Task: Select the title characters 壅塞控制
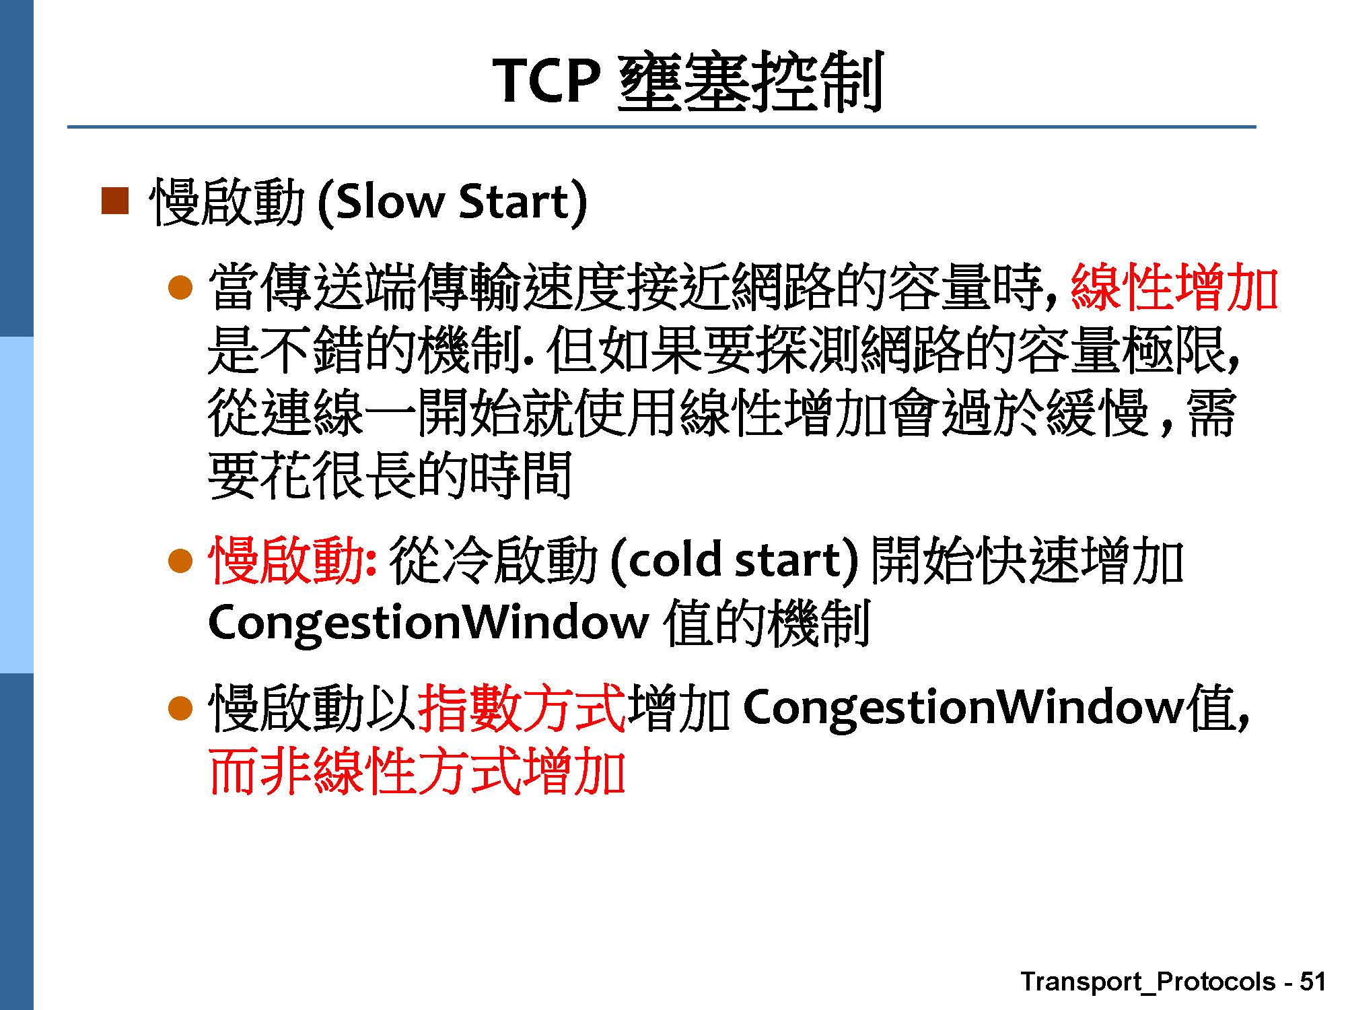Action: [x=749, y=82]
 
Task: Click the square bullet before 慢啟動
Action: [x=114, y=201]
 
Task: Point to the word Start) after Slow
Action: [x=522, y=203]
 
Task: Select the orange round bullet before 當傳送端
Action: [x=180, y=288]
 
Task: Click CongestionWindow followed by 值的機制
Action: [x=428, y=623]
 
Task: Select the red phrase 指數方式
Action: [x=522, y=708]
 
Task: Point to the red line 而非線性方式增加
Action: [x=417, y=772]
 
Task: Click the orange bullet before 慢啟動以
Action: [x=180, y=708]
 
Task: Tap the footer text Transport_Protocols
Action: [x=1148, y=982]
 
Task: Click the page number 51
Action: [x=1312, y=981]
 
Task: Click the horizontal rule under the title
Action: [x=662, y=127]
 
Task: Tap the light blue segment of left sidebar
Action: [x=16, y=504]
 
